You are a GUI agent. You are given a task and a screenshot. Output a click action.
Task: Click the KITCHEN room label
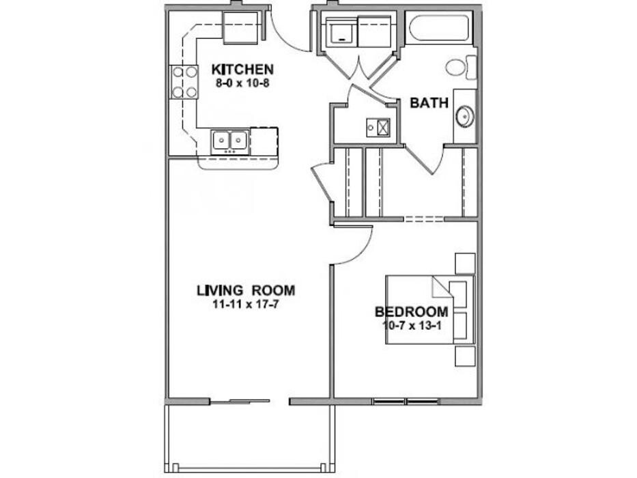pyautogui.click(x=242, y=69)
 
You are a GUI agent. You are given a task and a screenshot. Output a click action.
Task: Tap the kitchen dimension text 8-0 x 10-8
pyautogui.click(x=242, y=84)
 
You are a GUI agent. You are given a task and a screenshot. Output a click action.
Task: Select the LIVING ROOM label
pyautogui.click(x=246, y=291)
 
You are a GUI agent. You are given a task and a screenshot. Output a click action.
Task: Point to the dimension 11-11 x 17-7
pyautogui.click(x=246, y=304)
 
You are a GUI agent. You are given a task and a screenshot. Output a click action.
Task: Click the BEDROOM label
pyautogui.click(x=412, y=312)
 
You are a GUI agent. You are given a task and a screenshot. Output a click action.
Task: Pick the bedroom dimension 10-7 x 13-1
pyautogui.click(x=412, y=325)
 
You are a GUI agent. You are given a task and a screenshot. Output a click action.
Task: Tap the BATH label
pyautogui.click(x=429, y=103)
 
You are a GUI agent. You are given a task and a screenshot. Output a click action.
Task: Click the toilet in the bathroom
pyautogui.click(x=462, y=68)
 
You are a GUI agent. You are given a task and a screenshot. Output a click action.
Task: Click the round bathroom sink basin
pyautogui.click(x=464, y=116)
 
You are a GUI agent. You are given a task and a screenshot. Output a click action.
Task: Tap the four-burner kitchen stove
pyautogui.click(x=184, y=82)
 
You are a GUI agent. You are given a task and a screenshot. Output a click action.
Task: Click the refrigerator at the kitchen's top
pyautogui.click(x=240, y=27)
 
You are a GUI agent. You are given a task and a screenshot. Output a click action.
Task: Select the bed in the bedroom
pyautogui.click(x=430, y=310)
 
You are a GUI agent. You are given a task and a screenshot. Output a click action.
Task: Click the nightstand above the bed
pyautogui.click(x=465, y=264)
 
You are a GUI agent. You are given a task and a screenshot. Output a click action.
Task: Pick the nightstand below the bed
pyautogui.click(x=465, y=356)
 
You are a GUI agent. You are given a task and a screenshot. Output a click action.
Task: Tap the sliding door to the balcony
pyautogui.click(x=240, y=402)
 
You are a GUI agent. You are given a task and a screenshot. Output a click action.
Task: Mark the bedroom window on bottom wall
pyautogui.click(x=406, y=402)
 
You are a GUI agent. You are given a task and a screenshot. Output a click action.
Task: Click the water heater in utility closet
pyautogui.click(x=378, y=127)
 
